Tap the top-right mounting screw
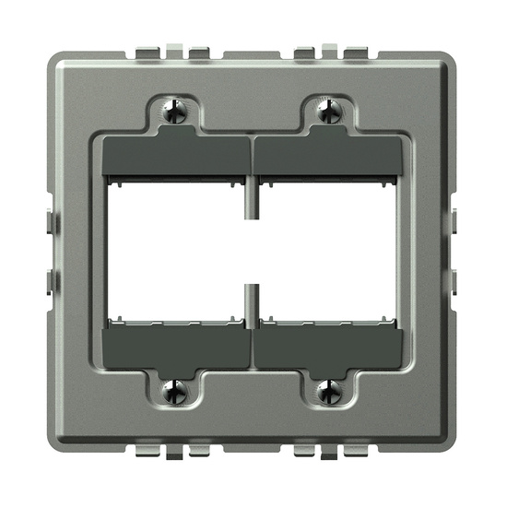329,112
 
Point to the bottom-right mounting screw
329,393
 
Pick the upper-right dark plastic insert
328,156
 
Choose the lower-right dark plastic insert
328,348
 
